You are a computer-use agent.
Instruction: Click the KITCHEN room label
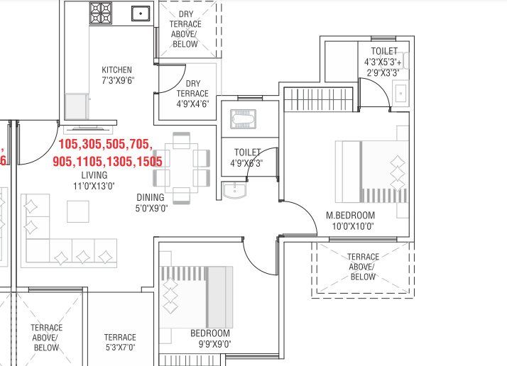tap(117, 70)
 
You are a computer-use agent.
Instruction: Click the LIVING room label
tap(94, 175)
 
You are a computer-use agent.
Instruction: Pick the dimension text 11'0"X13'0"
tap(94, 187)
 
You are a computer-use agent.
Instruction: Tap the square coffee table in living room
tap(77, 211)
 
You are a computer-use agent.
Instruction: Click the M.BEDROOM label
tap(350, 215)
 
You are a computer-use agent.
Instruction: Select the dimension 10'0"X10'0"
tap(350, 226)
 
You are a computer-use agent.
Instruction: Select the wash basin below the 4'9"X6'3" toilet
tap(234, 190)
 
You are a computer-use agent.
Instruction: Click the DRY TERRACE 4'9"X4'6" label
tap(192, 94)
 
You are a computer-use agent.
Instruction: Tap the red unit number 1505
tap(149, 161)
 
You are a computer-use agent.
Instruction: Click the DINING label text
tap(151, 197)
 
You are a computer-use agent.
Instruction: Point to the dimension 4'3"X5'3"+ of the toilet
tap(383, 62)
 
